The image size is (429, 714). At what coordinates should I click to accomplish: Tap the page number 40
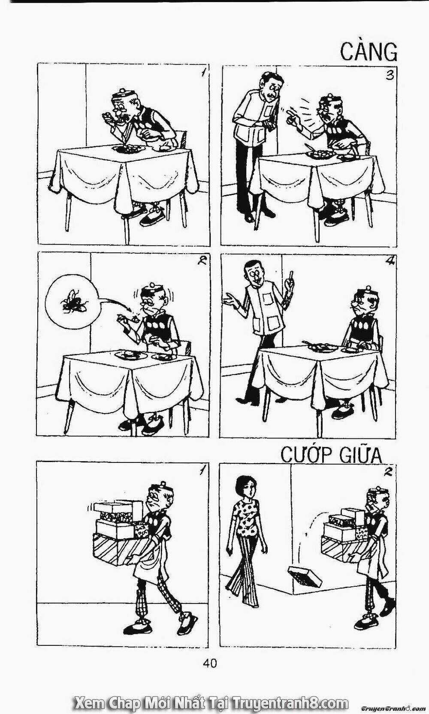(x=209, y=663)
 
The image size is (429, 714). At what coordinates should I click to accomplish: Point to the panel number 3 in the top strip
(x=389, y=75)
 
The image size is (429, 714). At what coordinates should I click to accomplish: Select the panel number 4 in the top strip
(x=390, y=261)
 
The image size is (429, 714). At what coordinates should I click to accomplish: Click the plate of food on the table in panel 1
(x=127, y=148)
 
